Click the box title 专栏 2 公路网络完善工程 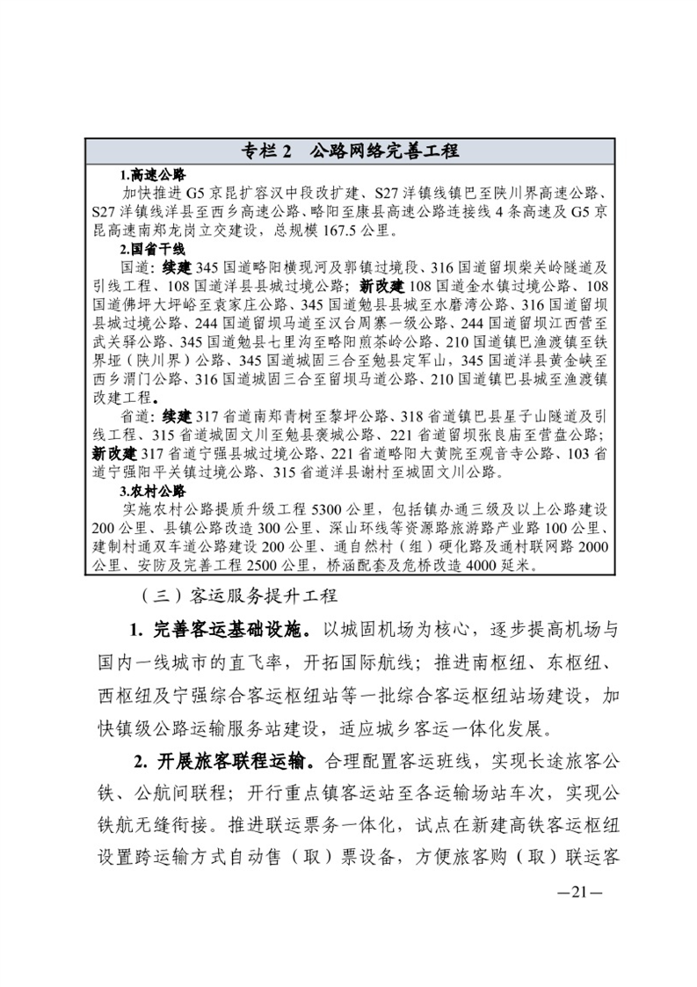350,150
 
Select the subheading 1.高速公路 154,175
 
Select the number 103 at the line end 575,453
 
